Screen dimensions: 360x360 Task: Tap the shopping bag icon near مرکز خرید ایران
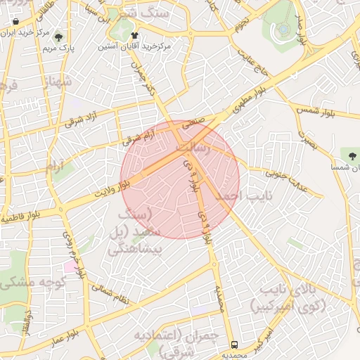pyautogui.click(x=15, y=22)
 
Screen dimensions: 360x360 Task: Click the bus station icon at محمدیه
pyautogui.click(x=233, y=345)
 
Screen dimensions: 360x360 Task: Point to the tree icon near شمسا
pyautogui.click(x=351, y=153)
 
